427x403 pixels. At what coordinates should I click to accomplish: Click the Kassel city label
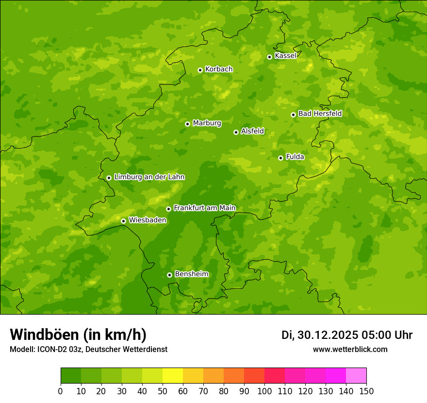point(285,56)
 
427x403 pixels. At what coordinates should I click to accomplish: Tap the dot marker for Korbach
point(200,70)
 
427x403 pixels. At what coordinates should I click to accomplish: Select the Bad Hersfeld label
point(320,114)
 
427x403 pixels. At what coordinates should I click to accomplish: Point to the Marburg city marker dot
point(187,124)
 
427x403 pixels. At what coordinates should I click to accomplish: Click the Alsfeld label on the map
point(252,131)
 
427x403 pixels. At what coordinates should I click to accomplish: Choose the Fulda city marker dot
point(280,158)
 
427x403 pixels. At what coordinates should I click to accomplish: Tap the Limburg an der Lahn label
point(149,177)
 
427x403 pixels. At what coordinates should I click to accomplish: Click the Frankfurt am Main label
point(204,208)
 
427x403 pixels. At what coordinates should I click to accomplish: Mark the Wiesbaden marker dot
point(123,221)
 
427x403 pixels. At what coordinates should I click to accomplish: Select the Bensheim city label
point(191,274)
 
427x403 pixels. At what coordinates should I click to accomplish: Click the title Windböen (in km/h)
point(78,335)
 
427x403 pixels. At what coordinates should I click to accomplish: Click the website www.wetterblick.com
point(350,349)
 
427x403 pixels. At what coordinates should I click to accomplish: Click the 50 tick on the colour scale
point(163,391)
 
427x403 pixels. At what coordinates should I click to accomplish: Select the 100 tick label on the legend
point(264,391)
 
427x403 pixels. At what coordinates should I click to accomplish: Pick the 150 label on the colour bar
point(366,391)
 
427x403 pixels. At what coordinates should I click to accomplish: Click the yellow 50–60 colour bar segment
point(173,376)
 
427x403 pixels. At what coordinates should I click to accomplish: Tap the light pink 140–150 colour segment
point(356,376)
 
